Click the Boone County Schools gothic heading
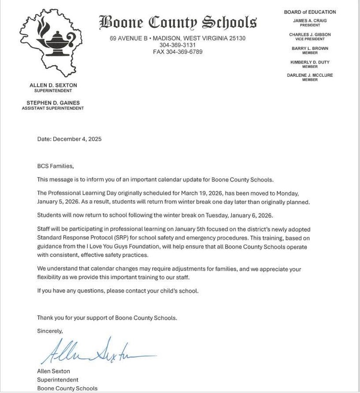coord(178,22)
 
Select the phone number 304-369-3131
coord(178,45)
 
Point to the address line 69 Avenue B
coord(178,38)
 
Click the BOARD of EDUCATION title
coord(310,12)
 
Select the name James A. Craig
coord(310,21)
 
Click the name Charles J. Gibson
coord(310,35)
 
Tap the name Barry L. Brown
coord(310,48)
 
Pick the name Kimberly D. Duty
coord(310,62)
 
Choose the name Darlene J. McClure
coord(310,75)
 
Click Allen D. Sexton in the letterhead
coord(53,85)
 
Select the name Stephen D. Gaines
coord(53,103)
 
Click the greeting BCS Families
coord(56,166)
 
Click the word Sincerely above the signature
coord(50,331)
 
